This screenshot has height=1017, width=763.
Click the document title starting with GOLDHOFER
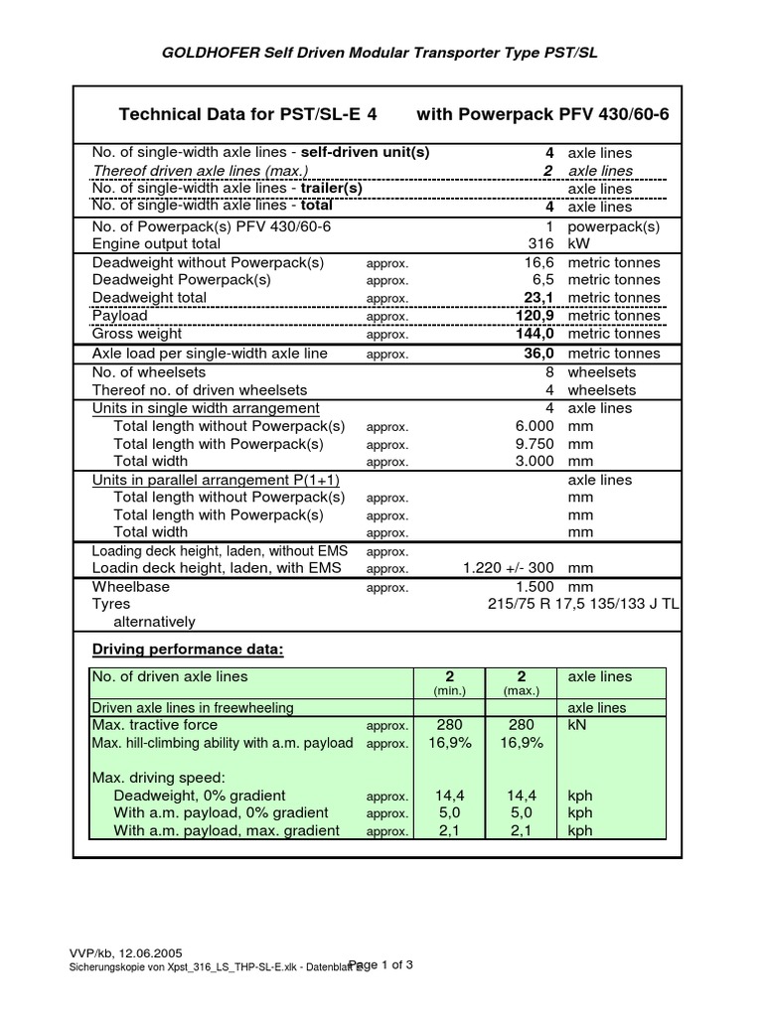tap(381, 53)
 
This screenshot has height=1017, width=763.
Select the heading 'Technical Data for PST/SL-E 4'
tap(248, 114)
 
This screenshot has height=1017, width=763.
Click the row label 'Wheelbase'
tap(131, 587)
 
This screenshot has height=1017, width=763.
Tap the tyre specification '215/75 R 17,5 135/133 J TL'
tap(583, 604)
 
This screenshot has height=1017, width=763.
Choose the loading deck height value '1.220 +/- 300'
tap(508, 568)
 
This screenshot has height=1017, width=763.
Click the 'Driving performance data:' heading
tap(188, 650)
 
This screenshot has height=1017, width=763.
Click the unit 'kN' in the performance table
tap(578, 726)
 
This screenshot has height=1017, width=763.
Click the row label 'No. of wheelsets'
tap(149, 372)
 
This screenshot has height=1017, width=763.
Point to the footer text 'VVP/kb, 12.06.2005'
tap(124, 951)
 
